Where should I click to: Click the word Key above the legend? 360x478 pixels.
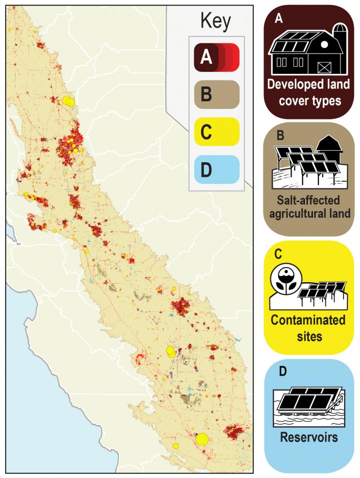coord(215,21)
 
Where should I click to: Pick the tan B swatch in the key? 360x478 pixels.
coord(213,93)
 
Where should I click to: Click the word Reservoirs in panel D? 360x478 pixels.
coord(308,438)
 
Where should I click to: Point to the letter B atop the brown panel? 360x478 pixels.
coord(280,134)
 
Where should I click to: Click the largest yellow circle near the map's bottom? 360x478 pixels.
coord(202,439)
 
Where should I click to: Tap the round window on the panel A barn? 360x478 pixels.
coord(324,45)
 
